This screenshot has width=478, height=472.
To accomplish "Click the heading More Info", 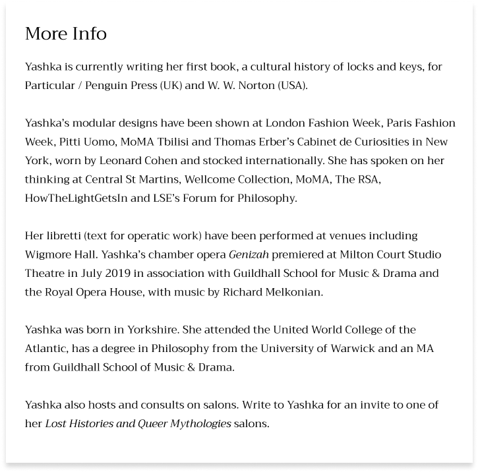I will click(66, 34).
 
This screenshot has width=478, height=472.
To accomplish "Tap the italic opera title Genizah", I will click(249, 254).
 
